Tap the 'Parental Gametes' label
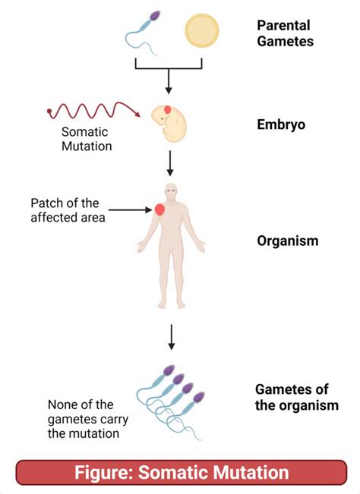point(285,33)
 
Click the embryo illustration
point(169,124)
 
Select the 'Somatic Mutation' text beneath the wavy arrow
point(87,139)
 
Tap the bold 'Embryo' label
point(281,124)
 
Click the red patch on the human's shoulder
point(160,209)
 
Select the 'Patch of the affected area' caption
point(64,210)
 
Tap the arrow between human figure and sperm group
point(172,336)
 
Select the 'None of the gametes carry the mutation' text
point(84,419)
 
